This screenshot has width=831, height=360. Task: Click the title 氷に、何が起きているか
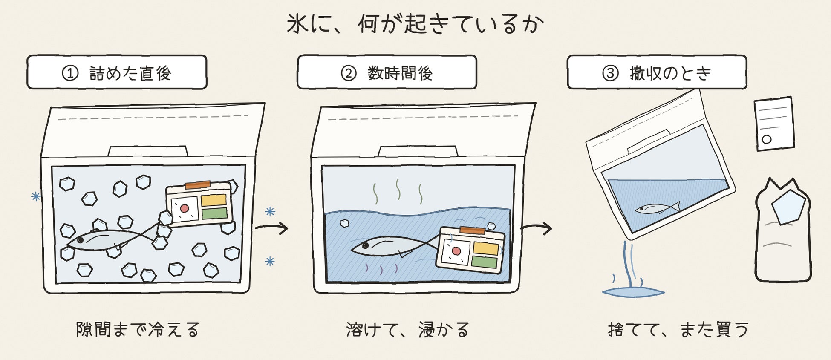[x=415, y=23]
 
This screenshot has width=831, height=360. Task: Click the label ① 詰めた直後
[x=117, y=73]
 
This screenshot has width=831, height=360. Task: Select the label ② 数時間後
[x=387, y=73]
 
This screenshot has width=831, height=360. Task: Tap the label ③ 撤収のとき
[x=657, y=73]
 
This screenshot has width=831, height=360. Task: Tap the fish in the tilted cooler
[x=657, y=208]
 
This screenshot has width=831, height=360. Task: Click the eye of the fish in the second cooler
[x=365, y=246]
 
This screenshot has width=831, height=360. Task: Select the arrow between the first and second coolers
[x=272, y=228]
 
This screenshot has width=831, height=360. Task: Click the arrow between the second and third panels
[x=537, y=228]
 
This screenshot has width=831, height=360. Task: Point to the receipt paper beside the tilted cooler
[x=774, y=124]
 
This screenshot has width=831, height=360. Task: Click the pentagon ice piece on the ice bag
[x=788, y=207]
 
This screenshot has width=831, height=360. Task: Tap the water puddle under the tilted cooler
[x=633, y=292]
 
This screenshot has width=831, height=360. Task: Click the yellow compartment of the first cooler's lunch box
[x=214, y=200]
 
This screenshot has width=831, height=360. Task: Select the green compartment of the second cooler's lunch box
[x=485, y=262]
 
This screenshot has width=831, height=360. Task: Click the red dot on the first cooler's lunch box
[x=185, y=208]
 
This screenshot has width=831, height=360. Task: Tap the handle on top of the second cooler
[x=418, y=151]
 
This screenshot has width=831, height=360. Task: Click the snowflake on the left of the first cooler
[x=36, y=196]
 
